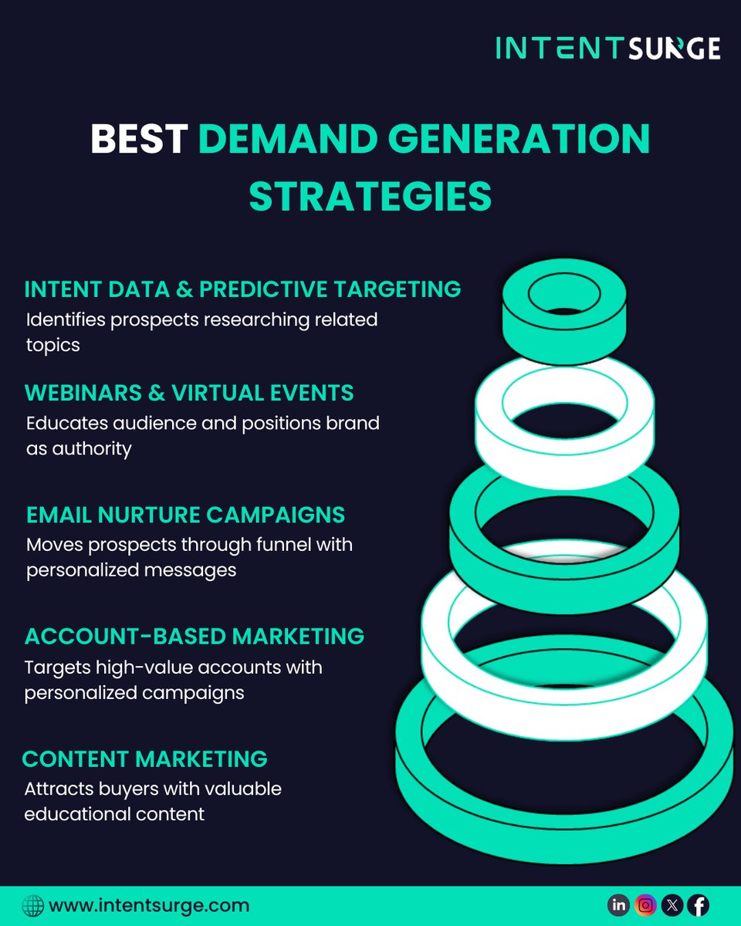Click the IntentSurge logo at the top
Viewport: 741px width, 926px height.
(x=607, y=48)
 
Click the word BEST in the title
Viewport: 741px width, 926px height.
(x=139, y=139)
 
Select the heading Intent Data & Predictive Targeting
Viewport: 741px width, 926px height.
(x=242, y=289)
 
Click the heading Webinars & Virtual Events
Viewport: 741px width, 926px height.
(x=189, y=393)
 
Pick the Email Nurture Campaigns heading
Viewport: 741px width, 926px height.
(x=185, y=515)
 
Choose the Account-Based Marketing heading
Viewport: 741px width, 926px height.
(x=195, y=637)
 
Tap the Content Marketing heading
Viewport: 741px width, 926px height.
(x=145, y=759)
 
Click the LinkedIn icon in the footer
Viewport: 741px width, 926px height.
(x=619, y=905)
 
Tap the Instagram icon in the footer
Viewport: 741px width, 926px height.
(x=646, y=905)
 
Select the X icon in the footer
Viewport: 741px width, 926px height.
(x=672, y=905)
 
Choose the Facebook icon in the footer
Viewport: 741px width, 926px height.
(x=699, y=905)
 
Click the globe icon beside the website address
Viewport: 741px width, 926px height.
(x=33, y=905)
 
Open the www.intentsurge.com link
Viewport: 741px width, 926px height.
(x=149, y=905)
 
